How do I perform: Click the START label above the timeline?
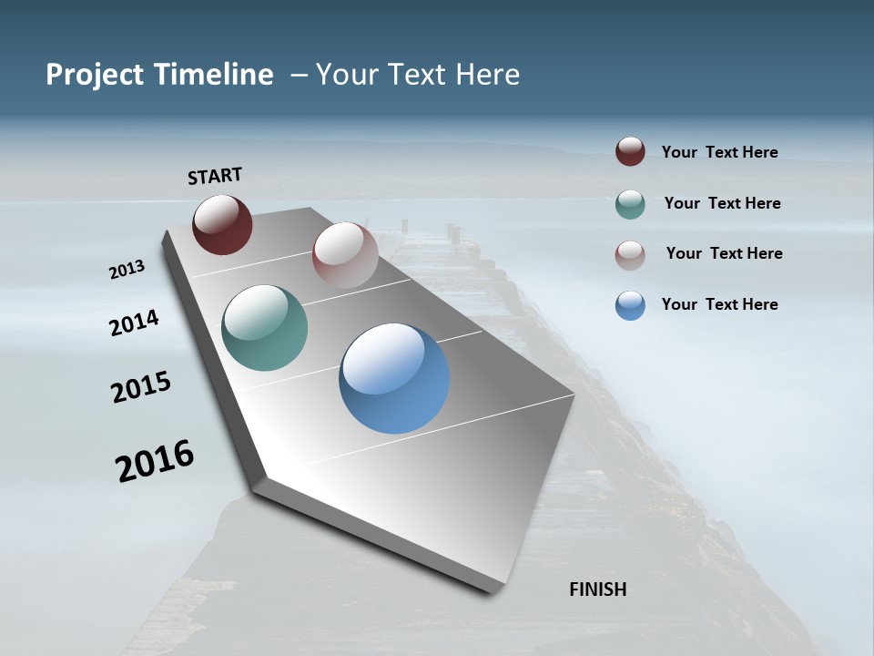(215, 176)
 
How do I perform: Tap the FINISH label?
(598, 589)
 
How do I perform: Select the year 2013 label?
(127, 270)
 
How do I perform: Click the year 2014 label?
(134, 323)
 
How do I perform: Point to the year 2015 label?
(141, 386)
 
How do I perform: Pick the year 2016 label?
(155, 461)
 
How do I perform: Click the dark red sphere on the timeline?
(222, 224)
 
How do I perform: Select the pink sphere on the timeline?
(345, 254)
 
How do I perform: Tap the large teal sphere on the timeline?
(265, 328)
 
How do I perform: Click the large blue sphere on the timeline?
(394, 378)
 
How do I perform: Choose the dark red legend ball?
(630, 151)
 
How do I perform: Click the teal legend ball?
(630, 204)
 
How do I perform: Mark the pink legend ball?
(630, 255)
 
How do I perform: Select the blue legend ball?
(630, 305)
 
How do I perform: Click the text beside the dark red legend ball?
(719, 153)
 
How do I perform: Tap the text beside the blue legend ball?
(719, 304)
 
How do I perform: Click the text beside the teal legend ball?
(722, 203)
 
